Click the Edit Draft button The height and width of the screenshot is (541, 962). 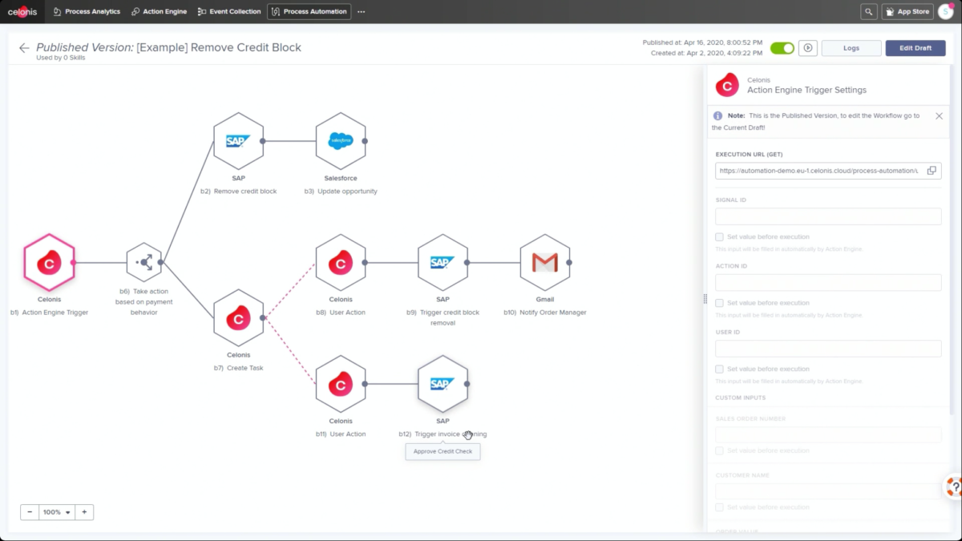(x=915, y=48)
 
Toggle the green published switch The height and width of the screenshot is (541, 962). (x=782, y=48)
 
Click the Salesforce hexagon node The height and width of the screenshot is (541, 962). (x=341, y=141)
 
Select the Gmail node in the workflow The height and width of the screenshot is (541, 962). (x=545, y=262)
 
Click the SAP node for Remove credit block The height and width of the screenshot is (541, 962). (x=238, y=141)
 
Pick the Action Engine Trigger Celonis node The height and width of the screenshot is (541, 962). (x=49, y=262)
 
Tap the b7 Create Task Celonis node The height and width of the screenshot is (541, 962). (x=238, y=318)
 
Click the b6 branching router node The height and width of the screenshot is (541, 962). (x=144, y=262)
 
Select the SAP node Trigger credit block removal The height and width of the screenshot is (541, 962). (x=443, y=262)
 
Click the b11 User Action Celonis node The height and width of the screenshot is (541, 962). (x=341, y=384)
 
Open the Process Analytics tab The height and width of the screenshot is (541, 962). (x=87, y=12)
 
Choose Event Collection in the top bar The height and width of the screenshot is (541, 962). (x=229, y=12)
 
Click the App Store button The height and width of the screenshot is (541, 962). (x=907, y=12)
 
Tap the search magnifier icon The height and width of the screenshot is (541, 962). (x=868, y=12)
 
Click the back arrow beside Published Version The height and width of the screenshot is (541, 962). (x=24, y=48)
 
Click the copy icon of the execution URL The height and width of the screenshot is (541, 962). (x=932, y=171)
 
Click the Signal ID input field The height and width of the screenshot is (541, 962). (x=828, y=216)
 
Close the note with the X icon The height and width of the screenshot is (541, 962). (x=939, y=116)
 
